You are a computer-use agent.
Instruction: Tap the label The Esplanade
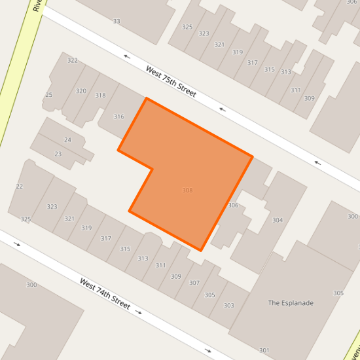pyautogui.click(x=291, y=303)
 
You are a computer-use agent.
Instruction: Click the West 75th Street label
pyautogui.click(x=171, y=81)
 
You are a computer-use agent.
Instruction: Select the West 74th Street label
pyautogui.click(x=105, y=294)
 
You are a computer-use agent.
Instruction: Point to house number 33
pyautogui.click(x=117, y=22)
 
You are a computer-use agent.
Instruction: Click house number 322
pyautogui.click(x=73, y=60)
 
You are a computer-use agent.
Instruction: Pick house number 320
pyautogui.click(x=81, y=91)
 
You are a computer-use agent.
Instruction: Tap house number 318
pyautogui.click(x=100, y=96)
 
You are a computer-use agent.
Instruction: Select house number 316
pyautogui.click(x=118, y=117)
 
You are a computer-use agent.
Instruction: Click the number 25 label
pyautogui.click(x=48, y=96)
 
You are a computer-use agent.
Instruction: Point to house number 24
pyautogui.click(x=67, y=140)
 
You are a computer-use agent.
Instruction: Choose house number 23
pyautogui.click(x=58, y=154)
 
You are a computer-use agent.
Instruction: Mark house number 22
pyautogui.click(x=19, y=187)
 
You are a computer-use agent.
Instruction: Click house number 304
pyautogui.click(x=278, y=220)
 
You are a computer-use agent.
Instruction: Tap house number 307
pyautogui.click(x=194, y=283)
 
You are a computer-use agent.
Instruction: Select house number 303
pyautogui.click(x=229, y=306)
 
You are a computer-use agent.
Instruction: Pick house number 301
pyautogui.click(x=264, y=350)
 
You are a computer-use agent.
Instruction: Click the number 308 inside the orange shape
pyautogui.click(x=187, y=190)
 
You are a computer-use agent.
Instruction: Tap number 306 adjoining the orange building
pyautogui.click(x=233, y=206)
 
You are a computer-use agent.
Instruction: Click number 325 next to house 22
pyautogui.click(x=26, y=219)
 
